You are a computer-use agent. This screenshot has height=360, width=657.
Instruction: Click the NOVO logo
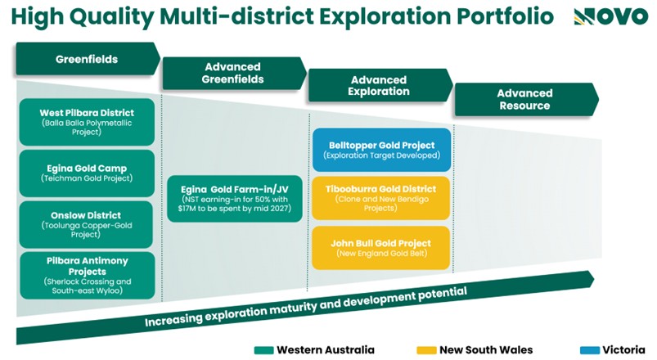pos(610,17)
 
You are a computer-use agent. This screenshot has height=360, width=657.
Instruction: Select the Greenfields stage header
pos(88,59)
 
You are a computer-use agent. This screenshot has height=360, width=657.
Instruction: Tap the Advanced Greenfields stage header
pos(234,74)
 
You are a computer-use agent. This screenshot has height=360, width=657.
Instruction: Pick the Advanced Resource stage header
pos(527,99)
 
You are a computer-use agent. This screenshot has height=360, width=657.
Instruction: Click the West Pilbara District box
pos(87,122)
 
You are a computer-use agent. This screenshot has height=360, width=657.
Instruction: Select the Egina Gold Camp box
pos(87,173)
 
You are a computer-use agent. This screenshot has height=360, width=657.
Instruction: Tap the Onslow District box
pos(87,224)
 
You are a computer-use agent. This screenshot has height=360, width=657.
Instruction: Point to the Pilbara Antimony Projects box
pos(88,276)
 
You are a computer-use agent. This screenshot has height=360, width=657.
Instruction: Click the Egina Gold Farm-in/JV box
pos(235,199)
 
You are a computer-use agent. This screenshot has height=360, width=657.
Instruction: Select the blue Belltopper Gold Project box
pos(382,150)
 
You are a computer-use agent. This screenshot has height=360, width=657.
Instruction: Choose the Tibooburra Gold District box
pos(381,198)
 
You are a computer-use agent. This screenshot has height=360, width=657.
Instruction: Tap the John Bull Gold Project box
pos(381,248)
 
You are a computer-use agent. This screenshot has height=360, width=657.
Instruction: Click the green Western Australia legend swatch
pos(264,350)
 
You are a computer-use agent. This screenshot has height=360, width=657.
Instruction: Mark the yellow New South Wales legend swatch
pos(426,350)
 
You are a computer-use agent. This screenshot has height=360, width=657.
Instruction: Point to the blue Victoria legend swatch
pos(590,350)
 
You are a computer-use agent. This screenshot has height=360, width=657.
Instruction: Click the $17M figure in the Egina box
pos(187,209)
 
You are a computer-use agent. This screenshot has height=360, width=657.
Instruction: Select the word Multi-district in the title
pos(236,17)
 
